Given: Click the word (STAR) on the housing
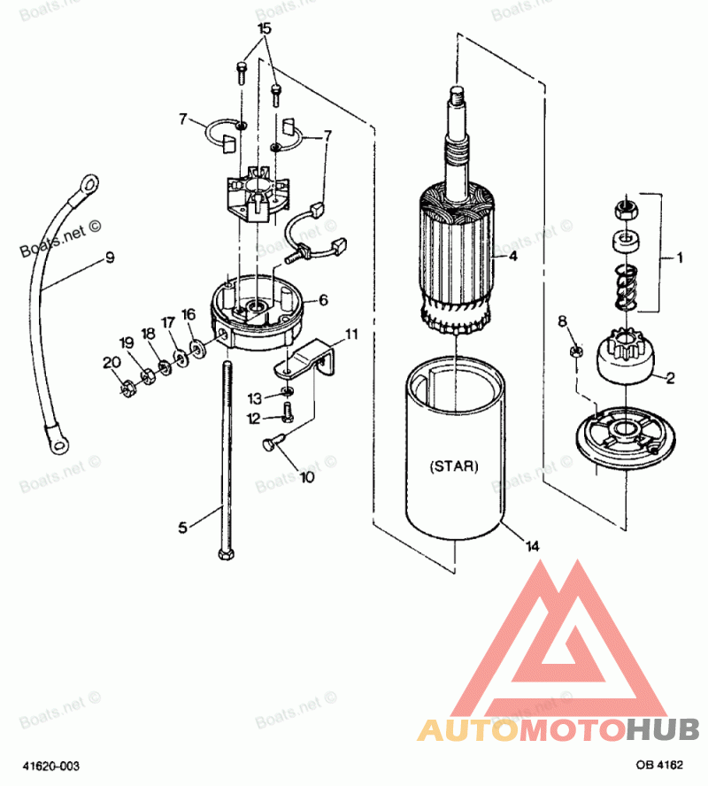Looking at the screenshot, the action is [x=453, y=465].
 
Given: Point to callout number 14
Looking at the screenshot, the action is [x=532, y=546].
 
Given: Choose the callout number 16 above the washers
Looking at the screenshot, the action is [x=188, y=314].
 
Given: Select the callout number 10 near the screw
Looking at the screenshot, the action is [x=306, y=478].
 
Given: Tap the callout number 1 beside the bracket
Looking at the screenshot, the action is [x=679, y=258].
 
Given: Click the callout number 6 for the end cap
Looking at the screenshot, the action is [x=324, y=300].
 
